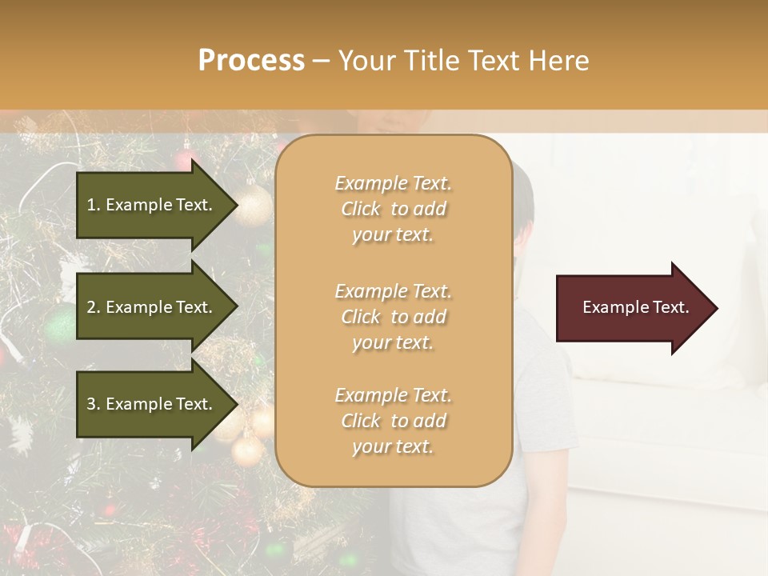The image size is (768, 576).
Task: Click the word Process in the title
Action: pos(251,61)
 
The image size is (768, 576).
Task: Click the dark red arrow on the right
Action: pos(632,308)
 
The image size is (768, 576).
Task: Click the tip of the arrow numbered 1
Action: pos(236,205)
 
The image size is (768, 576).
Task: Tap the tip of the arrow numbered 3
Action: pos(236,404)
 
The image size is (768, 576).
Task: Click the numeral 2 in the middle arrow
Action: pos(91,307)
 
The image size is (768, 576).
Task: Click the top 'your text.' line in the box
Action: pos(393,235)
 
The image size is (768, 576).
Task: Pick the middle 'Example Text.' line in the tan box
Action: pos(393,290)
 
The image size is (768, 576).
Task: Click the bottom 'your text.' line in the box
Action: pos(393,447)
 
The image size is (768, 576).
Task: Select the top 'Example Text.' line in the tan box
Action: pos(393,183)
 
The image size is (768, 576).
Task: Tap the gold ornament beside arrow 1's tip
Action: pos(254,206)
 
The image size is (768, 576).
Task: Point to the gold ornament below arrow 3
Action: pos(247,450)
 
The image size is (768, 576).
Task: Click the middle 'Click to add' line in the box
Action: pos(393,317)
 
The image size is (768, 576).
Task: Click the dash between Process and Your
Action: pos(322,62)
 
